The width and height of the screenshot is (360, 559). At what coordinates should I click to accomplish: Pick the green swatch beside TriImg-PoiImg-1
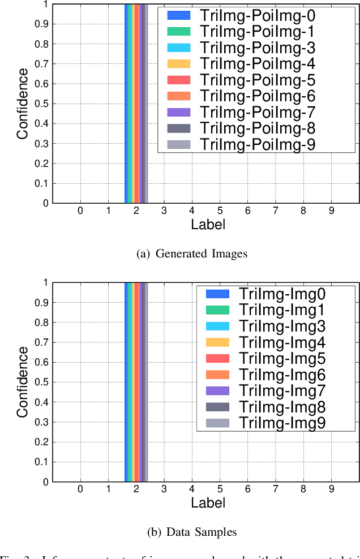179,32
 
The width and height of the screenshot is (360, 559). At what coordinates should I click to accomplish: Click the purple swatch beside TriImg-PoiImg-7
179,112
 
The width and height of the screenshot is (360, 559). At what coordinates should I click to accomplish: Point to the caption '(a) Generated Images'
192,253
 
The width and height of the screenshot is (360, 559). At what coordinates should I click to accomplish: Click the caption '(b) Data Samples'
192,532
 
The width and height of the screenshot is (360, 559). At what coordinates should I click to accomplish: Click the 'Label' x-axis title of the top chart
208,225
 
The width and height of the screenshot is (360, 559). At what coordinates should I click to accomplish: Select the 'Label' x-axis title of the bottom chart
208,502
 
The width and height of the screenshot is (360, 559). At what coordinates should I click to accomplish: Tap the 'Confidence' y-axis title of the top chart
22,104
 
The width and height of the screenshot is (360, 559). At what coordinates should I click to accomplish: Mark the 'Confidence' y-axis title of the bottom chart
22,382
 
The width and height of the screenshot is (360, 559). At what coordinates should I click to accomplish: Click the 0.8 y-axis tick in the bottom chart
41,322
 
